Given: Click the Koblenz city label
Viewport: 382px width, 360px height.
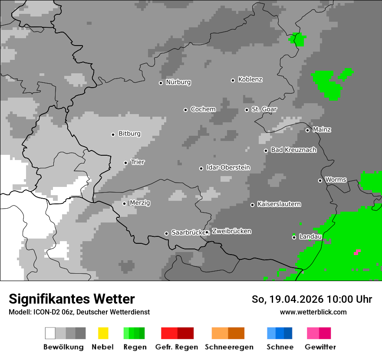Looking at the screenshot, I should tap(250, 80).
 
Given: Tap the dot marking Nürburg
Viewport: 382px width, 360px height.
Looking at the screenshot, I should tap(161, 83).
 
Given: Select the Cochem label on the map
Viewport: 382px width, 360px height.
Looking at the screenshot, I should tap(203, 109).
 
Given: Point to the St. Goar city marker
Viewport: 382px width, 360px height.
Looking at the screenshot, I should tap(247, 110).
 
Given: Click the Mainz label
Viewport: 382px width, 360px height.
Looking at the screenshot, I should tap(322, 130).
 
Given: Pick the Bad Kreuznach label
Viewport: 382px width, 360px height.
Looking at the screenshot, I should tap(293, 150).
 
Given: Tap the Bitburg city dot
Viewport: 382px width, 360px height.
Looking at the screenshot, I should tap(113, 134).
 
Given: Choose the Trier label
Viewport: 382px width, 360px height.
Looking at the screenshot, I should tap(138, 162).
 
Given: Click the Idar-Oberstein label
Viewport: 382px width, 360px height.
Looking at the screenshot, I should tap(228, 168).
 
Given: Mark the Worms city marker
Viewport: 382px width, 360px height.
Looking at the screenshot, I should tap(320, 180).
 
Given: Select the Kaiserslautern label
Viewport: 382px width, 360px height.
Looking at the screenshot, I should tap(279, 204).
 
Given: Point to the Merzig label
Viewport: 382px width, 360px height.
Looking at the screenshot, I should tap(140, 203).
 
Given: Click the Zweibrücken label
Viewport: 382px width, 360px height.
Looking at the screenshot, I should tap(231, 232).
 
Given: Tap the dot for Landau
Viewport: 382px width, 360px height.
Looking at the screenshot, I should tap(294, 237).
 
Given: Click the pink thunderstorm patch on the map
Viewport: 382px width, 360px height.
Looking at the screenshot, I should tap(357, 252).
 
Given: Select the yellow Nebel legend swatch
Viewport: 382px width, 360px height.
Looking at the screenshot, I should tap(103, 333).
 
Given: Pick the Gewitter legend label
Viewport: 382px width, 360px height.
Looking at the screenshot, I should tap(320, 347).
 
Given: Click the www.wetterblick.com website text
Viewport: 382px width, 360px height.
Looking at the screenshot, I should tap(313, 312).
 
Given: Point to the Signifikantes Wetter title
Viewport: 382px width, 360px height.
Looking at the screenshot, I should tap(72, 299).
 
